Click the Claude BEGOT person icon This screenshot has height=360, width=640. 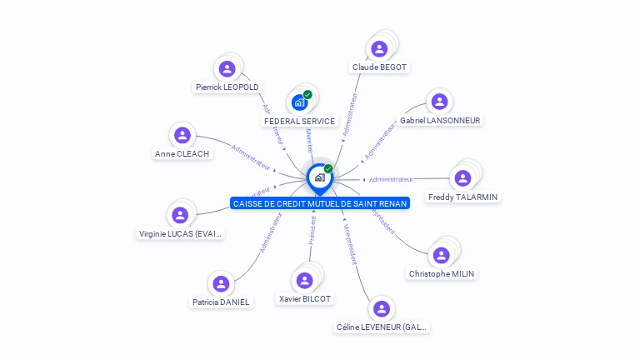pyautogui.click(x=379, y=48)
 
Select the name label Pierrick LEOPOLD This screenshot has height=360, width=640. pyautogui.click(x=227, y=87)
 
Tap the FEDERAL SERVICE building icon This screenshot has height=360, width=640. pyautogui.click(x=299, y=102)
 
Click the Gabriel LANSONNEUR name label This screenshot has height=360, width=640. pyautogui.click(x=440, y=121)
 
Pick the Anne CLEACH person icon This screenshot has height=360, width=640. pyautogui.click(x=182, y=135)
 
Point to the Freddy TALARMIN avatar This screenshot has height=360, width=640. pyautogui.click(x=462, y=177)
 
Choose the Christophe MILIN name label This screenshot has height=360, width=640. pyautogui.click(x=442, y=273)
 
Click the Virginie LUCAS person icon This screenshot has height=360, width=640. pyautogui.click(x=180, y=215)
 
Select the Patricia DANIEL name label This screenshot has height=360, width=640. pyautogui.click(x=220, y=302)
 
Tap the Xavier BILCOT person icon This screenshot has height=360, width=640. pyautogui.click(x=304, y=280)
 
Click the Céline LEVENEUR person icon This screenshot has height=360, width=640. pyautogui.click(x=382, y=309)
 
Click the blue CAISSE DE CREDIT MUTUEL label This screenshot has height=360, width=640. pyautogui.click(x=320, y=203)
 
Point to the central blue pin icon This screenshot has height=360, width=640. pyautogui.click(x=319, y=177)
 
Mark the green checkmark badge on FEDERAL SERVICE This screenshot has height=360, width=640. pyautogui.click(x=307, y=94)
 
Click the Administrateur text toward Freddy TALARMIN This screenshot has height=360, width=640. pyautogui.click(x=391, y=179)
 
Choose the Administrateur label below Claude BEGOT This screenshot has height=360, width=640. pyautogui.click(x=351, y=114)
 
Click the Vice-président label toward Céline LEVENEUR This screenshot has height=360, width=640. pyautogui.click(x=350, y=243)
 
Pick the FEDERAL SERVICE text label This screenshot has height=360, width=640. pyautogui.click(x=299, y=121)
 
